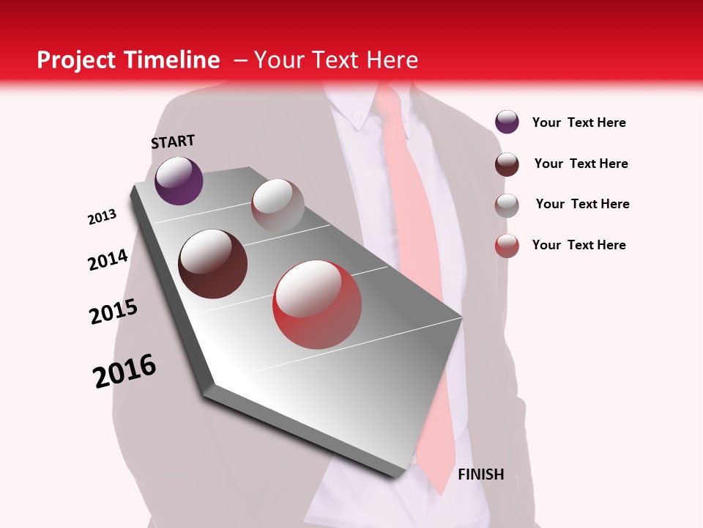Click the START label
(x=173, y=142)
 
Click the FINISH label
(x=480, y=474)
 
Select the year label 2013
(x=103, y=217)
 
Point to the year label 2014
(x=108, y=260)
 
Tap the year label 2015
(x=114, y=312)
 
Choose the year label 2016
(x=124, y=370)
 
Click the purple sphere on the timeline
(x=179, y=180)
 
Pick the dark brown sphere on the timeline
(x=212, y=264)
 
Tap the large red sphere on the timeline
(x=317, y=304)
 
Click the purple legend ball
(x=507, y=122)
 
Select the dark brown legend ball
(x=507, y=164)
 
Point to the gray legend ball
(x=507, y=205)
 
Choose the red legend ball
(x=507, y=246)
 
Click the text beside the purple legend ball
(x=579, y=122)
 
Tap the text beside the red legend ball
(x=579, y=245)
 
